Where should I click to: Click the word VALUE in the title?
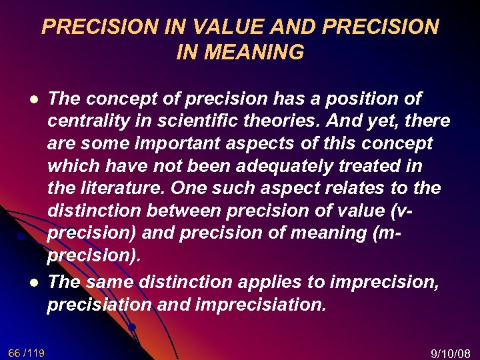click(217, 27)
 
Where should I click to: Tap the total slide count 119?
click(36, 352)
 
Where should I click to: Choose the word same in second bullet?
click(110, 281)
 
